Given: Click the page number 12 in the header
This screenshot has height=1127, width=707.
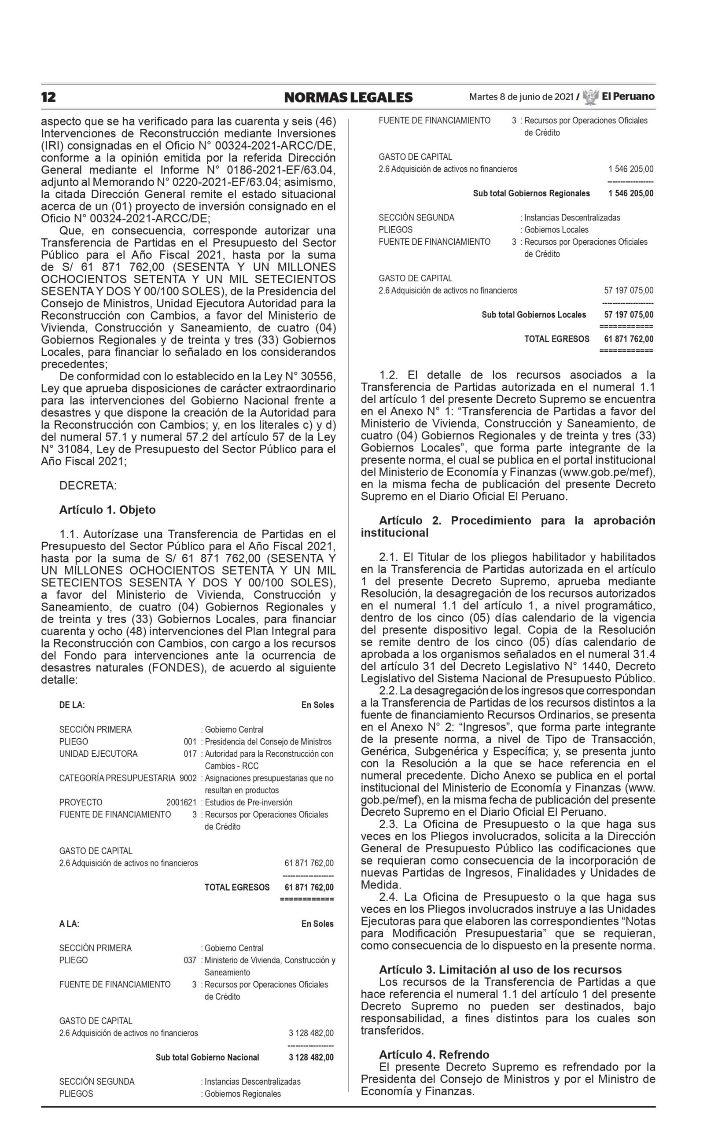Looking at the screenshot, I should [x=48, y=97].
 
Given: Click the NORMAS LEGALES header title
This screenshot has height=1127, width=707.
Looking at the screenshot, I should [x=348, y=97].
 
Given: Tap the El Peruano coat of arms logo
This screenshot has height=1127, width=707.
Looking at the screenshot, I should [x=591, y=96].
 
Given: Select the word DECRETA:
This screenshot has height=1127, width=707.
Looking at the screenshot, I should [x=88, y=486].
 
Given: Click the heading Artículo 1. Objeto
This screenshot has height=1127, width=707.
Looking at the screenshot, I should [x=107, y=510].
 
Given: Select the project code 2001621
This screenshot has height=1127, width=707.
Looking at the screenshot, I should [x=181, y=802].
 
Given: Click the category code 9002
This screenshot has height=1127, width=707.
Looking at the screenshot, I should [x=188, y=778].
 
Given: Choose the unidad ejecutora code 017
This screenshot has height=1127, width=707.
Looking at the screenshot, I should [x=190, y=753].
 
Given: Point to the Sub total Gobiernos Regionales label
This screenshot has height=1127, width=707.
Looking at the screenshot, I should [x=531, y=193].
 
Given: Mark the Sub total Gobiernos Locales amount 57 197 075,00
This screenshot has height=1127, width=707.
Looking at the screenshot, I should [x=629, y=315].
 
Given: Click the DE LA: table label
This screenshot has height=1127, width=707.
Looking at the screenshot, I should [x=72, y=705].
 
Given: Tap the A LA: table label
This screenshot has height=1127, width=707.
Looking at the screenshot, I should [x=69, y=924].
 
